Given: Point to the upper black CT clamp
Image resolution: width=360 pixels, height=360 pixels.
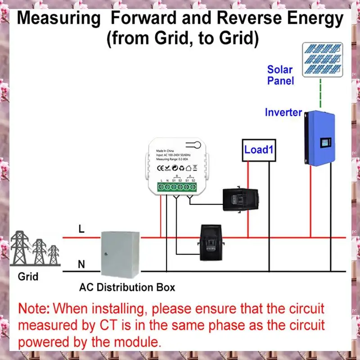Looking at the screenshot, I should (x=241, y=199).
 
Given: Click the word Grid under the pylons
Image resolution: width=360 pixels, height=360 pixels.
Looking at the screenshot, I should (x=28, y=277).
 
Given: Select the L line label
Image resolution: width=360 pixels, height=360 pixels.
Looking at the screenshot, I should (x=81, y=229).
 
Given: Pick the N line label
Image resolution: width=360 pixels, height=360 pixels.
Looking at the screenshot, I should (x=81, y=265).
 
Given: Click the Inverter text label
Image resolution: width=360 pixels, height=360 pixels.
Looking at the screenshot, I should (x=283, y=112).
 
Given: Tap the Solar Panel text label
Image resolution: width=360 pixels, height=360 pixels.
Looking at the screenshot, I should (x=280, y=75).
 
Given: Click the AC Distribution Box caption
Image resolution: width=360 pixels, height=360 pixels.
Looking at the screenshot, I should (x=127, y=287).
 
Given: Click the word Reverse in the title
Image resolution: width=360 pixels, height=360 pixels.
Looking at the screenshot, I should (x=253, y=19).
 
